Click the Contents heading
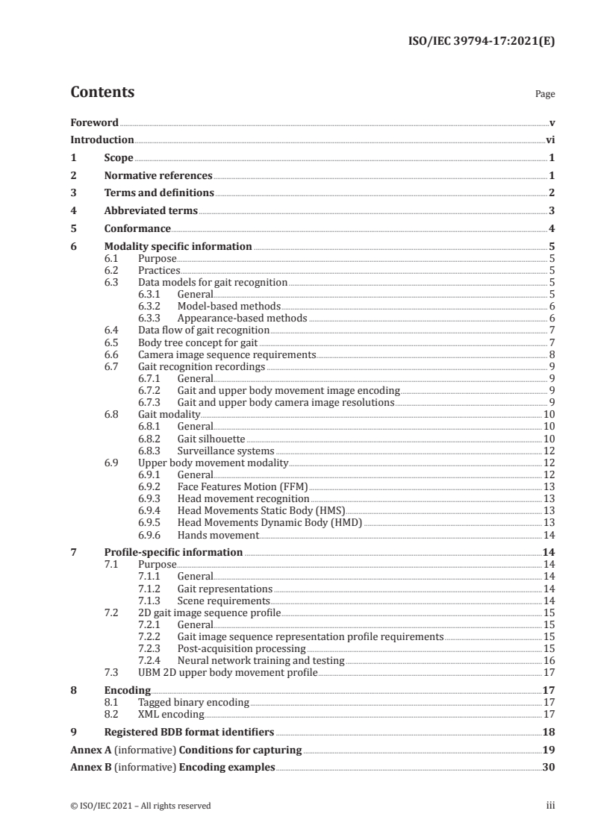(x=102, y=93)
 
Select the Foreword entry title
(x=94, y=122)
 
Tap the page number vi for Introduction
(x=549, y=139)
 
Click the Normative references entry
(x=158, y=175)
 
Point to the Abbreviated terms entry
(x=151, y=211)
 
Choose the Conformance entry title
(x=137, y=228)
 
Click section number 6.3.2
(x=152, y=306)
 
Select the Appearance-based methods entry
(x=231, y=318)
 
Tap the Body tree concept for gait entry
(x=193, y=342)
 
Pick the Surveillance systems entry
(x=225, y=451)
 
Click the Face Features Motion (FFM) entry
(x=238, y=486)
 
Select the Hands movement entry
(x=217, y=535)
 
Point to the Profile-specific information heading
(x=173, y=552)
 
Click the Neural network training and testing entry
(x=261, y=661)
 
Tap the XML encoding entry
(x=171, y=714)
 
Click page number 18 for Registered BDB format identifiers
(x=549, y=732)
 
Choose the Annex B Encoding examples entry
(x=172, y=767)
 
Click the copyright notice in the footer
(x=140, y=806)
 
